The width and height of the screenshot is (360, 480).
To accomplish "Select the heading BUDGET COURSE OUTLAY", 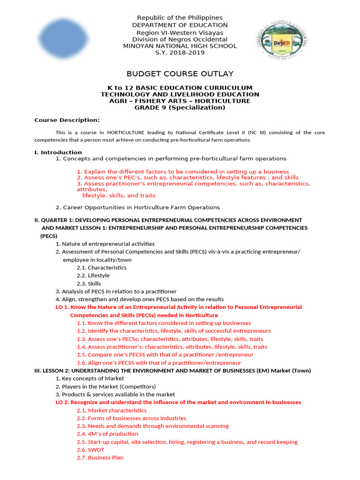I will coord(180,74).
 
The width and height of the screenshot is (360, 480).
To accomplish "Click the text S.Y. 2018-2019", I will coord(180,52).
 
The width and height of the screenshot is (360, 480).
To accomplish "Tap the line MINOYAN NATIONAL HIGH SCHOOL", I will coord(180,46).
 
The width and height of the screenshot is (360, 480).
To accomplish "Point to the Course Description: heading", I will coord(67,120).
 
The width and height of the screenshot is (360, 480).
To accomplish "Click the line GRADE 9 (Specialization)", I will coord(180,107).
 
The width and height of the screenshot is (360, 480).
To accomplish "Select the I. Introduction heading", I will coord(58,152).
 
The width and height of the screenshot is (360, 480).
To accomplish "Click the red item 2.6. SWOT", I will coord(90,450).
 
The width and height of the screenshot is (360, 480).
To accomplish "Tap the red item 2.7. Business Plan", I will coord(100,457).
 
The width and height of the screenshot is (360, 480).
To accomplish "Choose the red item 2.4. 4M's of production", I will coord(107,434).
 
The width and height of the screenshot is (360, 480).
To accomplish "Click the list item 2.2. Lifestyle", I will coord(93,276).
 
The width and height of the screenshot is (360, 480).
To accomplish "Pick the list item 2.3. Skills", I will coord(89,284).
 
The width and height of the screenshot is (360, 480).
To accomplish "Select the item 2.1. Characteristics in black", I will coord(101,268).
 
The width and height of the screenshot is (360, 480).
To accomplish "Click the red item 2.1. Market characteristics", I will coord(112,410).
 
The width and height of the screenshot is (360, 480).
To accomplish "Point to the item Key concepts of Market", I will coord(90,378).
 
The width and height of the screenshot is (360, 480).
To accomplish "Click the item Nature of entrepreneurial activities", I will coord(105,244).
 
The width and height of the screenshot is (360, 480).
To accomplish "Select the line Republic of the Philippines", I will coord(180,18).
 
